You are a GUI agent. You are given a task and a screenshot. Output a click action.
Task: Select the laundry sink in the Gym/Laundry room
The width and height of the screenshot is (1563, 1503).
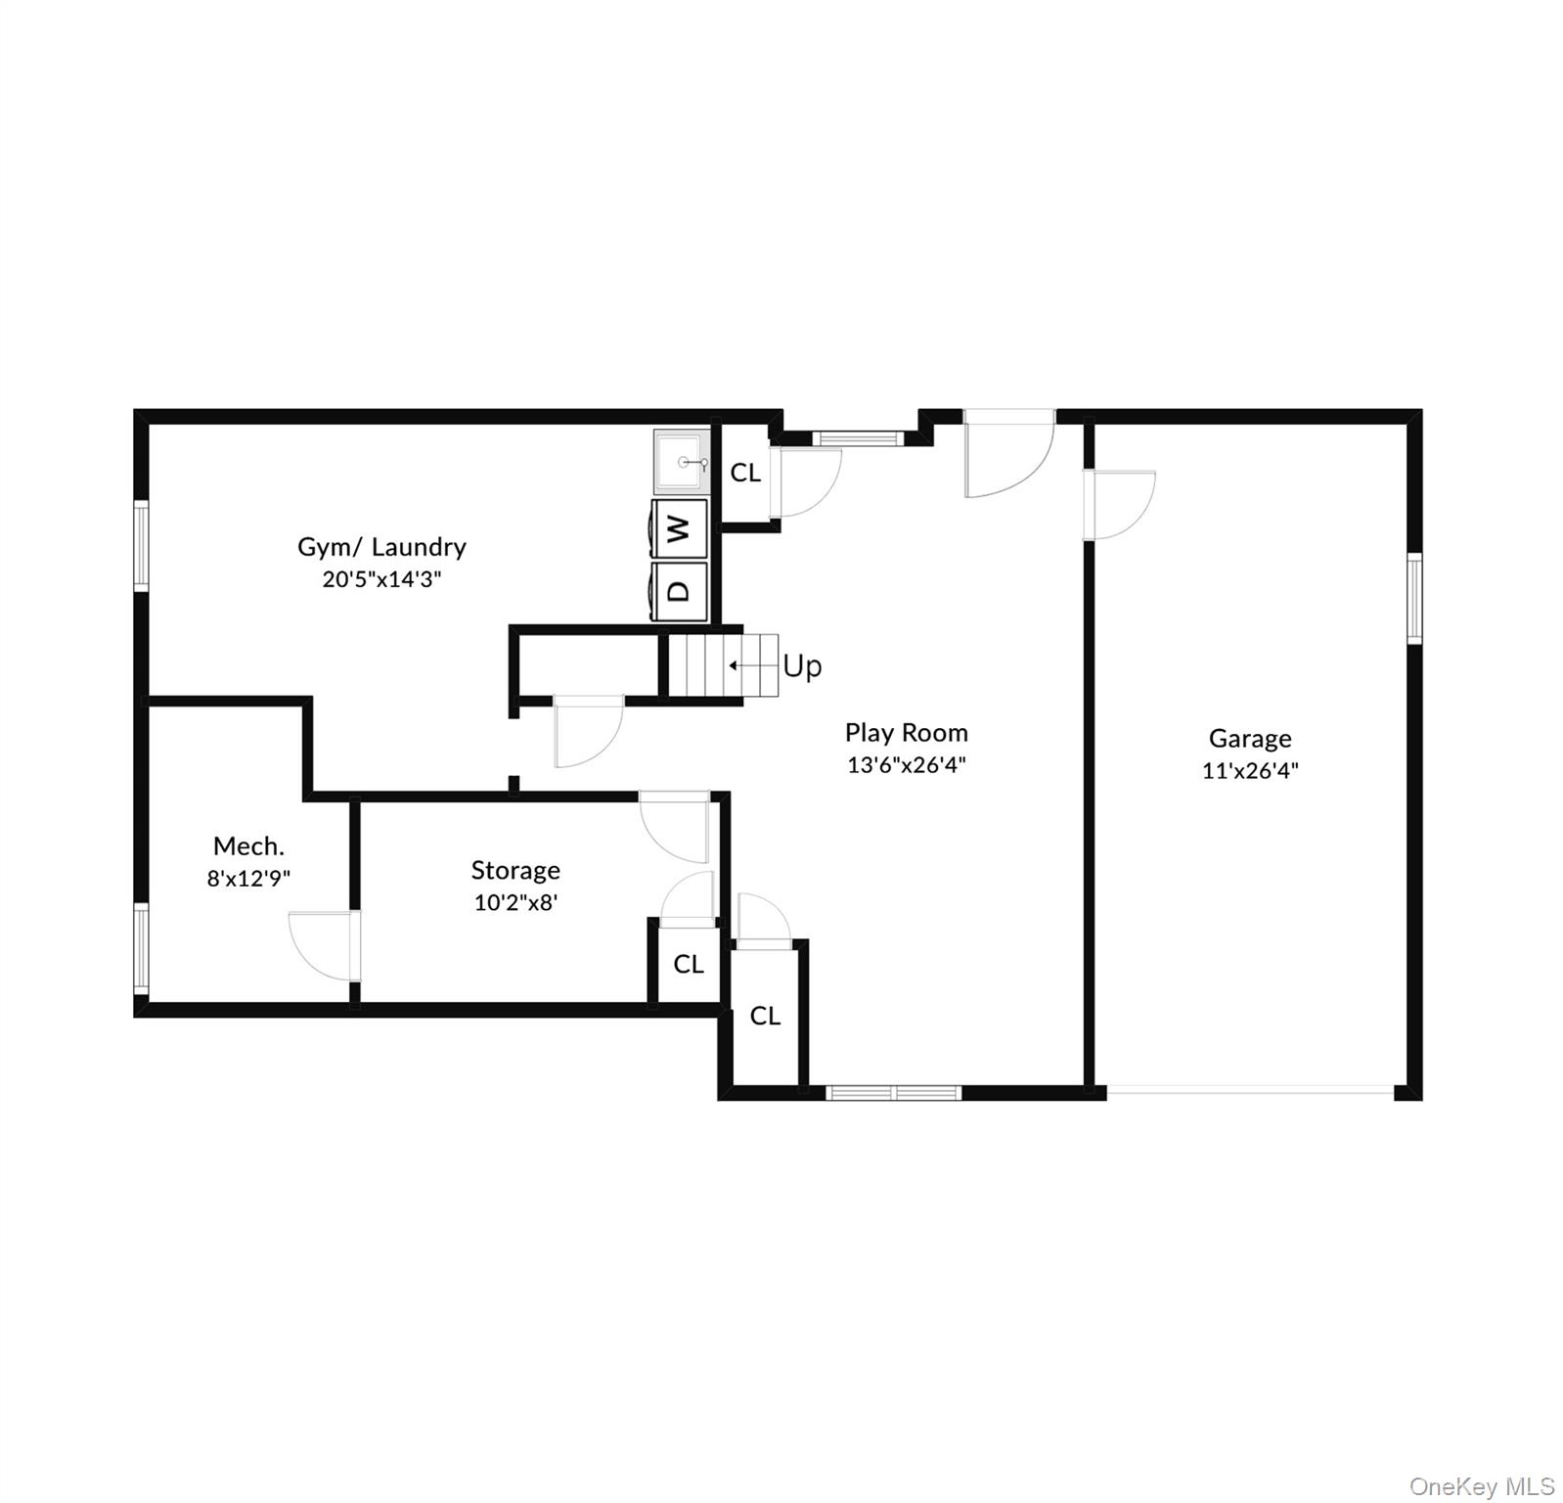682,461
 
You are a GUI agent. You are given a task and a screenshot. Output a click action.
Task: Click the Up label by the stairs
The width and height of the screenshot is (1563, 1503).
802,666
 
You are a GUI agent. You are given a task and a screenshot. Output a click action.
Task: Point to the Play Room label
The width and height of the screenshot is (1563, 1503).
906,733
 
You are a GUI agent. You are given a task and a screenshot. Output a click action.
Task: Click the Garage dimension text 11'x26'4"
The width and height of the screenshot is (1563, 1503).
1250,770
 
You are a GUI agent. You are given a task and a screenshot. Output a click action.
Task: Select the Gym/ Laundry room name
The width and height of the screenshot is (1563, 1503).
381,547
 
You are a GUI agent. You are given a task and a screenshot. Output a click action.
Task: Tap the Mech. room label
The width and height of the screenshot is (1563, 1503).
248,846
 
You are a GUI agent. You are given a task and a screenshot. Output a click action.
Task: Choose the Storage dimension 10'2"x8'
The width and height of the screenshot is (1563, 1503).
515,902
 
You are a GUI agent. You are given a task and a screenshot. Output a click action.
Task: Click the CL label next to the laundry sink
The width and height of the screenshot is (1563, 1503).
745,473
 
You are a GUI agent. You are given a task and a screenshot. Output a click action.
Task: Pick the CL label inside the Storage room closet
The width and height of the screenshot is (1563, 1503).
689,964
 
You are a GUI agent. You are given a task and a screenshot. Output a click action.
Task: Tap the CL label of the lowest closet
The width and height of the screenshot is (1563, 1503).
765,1016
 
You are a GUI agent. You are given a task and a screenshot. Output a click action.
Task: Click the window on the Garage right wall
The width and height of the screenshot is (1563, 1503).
1413,598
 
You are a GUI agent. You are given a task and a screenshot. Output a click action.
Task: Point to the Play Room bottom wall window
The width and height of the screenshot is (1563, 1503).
894,1093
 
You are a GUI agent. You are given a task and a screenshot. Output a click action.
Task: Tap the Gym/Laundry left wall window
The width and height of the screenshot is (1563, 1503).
142,546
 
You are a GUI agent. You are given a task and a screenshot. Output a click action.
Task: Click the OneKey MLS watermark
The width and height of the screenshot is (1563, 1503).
1481,1486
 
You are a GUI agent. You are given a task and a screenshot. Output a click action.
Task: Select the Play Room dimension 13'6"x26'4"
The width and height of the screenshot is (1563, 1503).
906,764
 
